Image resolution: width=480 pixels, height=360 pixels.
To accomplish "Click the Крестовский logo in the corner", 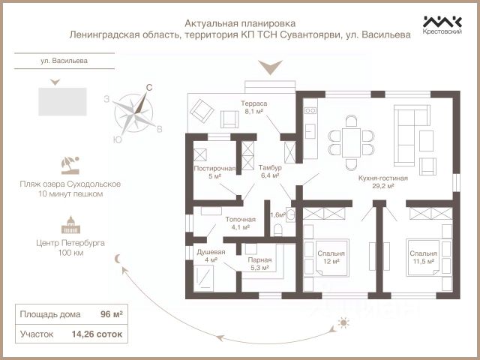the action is click(442, 25).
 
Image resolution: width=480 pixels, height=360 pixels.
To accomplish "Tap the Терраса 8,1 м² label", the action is click(253, 107).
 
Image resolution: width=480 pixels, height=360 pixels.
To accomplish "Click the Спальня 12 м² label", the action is click(331, 257).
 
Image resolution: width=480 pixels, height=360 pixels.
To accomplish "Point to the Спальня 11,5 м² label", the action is click(423, 257).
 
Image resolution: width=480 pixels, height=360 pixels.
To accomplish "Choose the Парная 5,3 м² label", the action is click(259, 264).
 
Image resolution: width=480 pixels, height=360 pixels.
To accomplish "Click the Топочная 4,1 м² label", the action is click(240, 223).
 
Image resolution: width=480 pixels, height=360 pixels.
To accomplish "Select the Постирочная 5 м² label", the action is click(214, 172).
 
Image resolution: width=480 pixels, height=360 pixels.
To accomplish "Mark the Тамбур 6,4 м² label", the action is click(270, 172).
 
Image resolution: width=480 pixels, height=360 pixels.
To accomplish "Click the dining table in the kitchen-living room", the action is click(351, 142).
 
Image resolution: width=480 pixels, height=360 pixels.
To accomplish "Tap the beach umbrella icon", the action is click(70, 166).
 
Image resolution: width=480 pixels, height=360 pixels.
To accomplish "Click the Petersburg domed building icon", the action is click(70, 225).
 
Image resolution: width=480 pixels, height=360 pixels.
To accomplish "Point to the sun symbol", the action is click(343, 322).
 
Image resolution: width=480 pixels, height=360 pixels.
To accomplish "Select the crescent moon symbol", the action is click(118, 259).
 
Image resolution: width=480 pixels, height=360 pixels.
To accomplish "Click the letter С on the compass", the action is click(149, 88).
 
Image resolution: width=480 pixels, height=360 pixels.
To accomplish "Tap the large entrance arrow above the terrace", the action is click(270, 67).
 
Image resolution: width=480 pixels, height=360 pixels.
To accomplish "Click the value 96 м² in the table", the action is click(112, 314).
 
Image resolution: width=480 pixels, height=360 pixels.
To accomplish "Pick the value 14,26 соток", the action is click(97, 334).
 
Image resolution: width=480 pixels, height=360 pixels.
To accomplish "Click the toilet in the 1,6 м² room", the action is click(277, 230).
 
